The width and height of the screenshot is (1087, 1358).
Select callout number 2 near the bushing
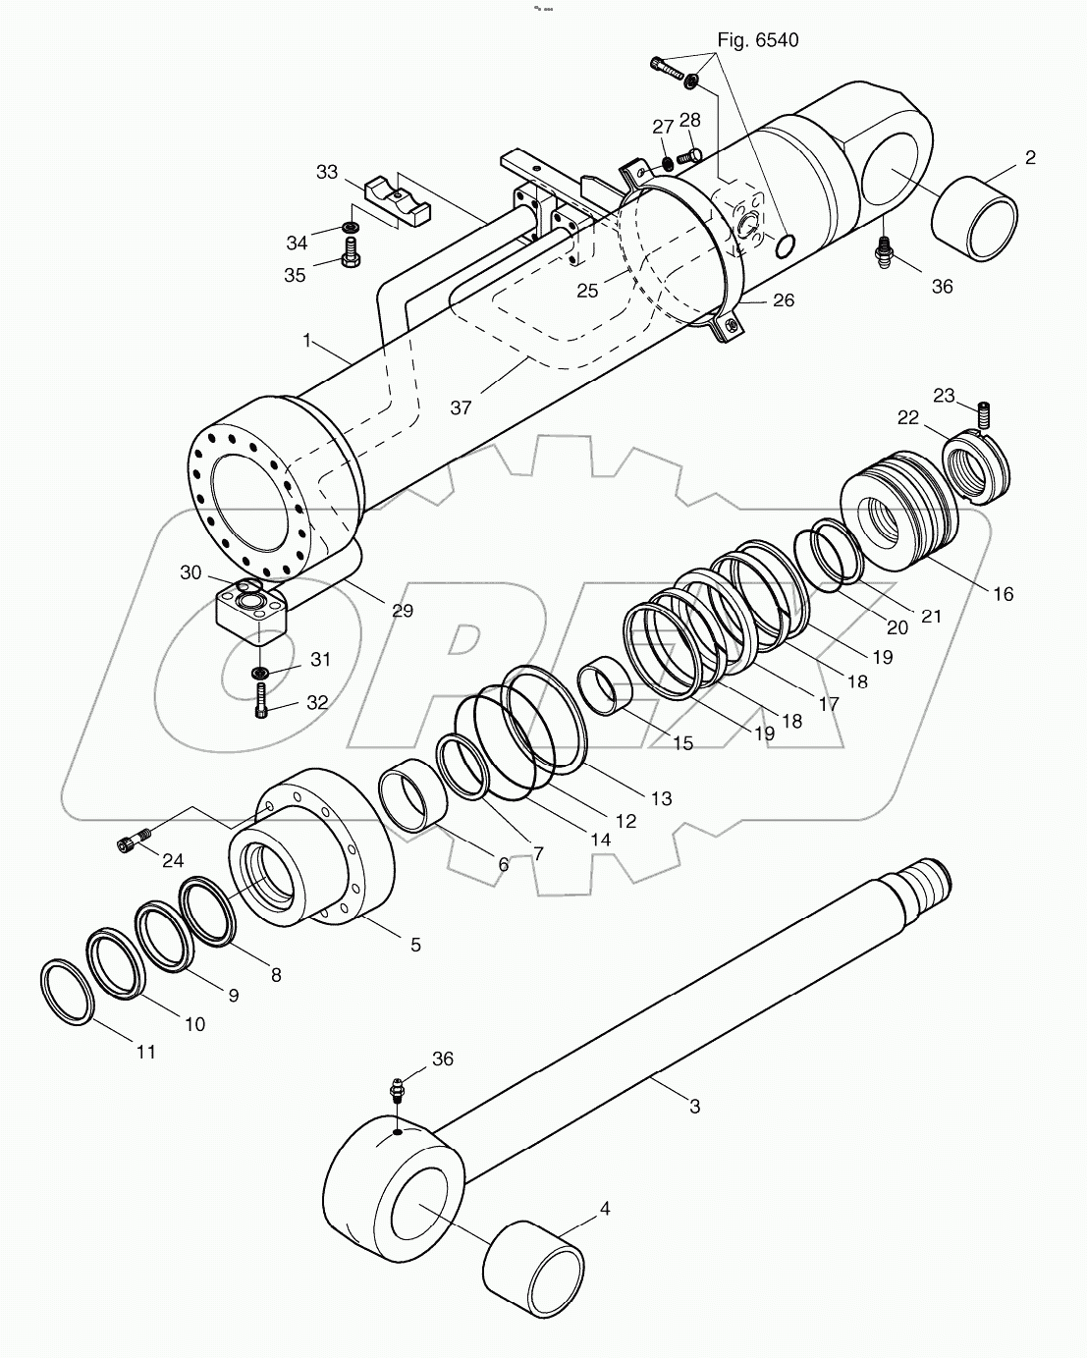[x=1030, y=158]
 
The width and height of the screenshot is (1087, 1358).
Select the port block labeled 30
[x=253, y=616]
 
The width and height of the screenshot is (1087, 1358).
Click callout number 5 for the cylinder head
[x=415, y=944]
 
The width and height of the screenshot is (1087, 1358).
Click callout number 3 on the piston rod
[x=694, y=1106]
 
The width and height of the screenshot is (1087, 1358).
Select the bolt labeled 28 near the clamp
[x=688, y=154]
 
